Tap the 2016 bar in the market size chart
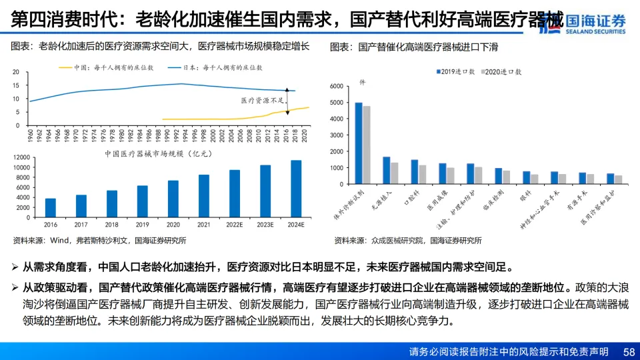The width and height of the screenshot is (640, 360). click(51, 208)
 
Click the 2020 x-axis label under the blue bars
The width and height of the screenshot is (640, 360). click(173, 225)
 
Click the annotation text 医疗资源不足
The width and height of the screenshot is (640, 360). click(261, 100)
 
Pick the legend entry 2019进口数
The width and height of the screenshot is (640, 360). click(456, 71)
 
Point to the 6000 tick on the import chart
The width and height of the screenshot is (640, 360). click(336, 87)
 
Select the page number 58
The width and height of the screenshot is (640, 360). click(629, 351)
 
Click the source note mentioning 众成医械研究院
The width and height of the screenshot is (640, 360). click(408, 240)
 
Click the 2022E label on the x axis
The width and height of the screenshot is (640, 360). click(235, 225)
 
